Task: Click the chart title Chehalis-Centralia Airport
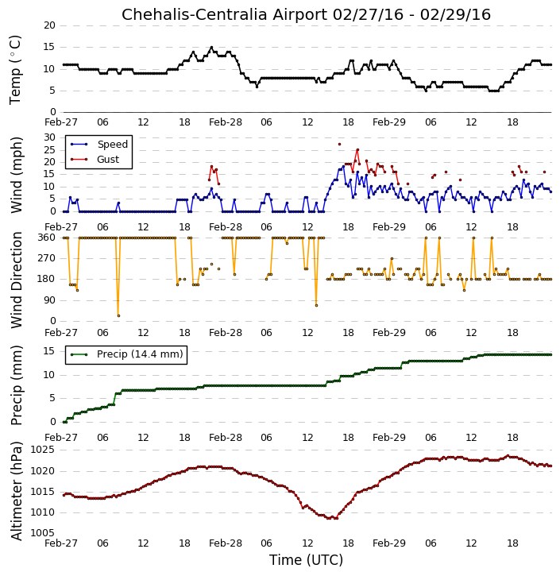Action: (x=224, y=15)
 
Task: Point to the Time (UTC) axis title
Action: (x=306, y=560)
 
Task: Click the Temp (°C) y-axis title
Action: (x=15, y=70)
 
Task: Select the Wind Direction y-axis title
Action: (x=17, y=280)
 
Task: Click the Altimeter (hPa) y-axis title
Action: (x=17, y=491)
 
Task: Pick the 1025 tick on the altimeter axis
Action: (x=42, y=450)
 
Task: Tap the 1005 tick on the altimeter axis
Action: (x=42, y=533)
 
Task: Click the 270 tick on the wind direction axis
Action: (x=46, y=258)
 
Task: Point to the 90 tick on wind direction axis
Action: (x=49, y=300)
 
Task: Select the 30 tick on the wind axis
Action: (x=49, y=137)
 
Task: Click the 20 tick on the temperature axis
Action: (x=49, y=25)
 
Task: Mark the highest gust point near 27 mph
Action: (x=340, y=145)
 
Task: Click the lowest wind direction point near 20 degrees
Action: (x=118, y=315)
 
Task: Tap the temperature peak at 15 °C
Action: (x=211, y=48)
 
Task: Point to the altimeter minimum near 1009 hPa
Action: (x=329, y=518)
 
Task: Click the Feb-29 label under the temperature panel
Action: (x=389, y=122)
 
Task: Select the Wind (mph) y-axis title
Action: (x=17, y=175)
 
